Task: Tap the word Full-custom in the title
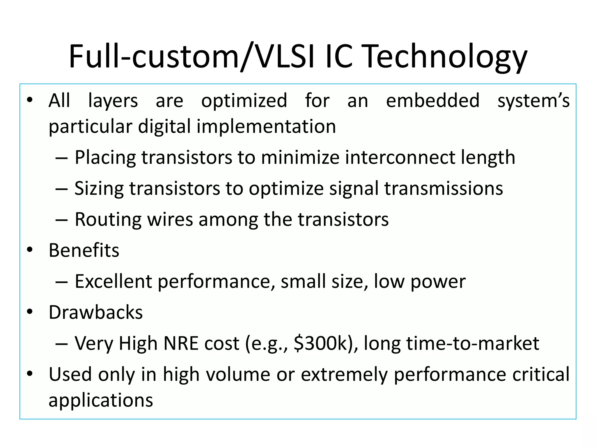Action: tap(154, 57)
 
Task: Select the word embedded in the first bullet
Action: tap(432, 101)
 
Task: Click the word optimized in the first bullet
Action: tap(244, 101)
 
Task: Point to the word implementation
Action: tap(266, 127)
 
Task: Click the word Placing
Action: tap(105, 158)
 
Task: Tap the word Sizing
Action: tap(99, 189)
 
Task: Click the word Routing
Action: tap(108, 219)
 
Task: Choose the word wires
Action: tap(170, 219)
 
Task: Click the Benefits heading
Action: tap(84, 250)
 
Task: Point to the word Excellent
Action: tap(113, 281)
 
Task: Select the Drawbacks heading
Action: tap(95, 313)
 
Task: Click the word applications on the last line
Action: tap(101, 400)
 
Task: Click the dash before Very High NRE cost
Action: tap(61, 344)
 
